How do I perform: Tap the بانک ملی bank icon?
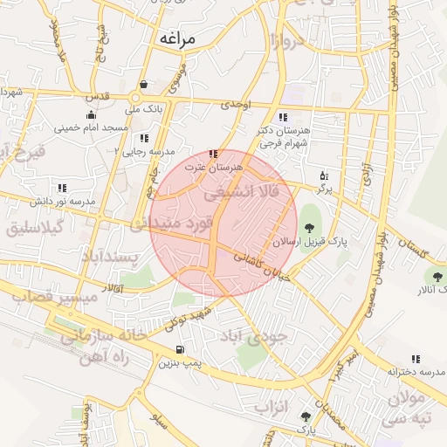(142, 86)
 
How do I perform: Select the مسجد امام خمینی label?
(91, 127)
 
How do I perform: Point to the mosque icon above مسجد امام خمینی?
(91, 114)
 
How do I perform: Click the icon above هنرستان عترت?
(214, 154)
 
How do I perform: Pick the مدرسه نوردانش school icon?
(61, 188)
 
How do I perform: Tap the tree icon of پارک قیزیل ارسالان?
(310, 229)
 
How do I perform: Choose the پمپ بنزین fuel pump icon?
(180, 350)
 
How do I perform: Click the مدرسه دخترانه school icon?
(415, 359)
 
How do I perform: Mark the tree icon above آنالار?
(437, 278)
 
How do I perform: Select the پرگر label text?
(324, 188)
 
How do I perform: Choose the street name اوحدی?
(236, 105)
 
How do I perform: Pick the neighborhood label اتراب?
(272, 408)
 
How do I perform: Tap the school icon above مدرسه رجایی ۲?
(143, 138)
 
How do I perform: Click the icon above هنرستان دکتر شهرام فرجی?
(281, 117)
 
